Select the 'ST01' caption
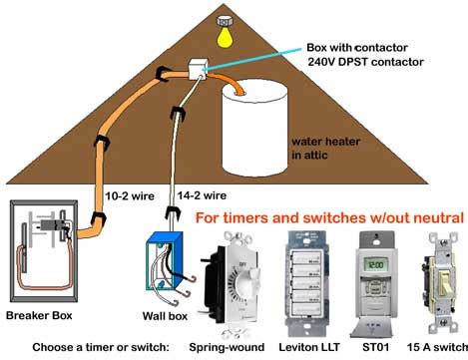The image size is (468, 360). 375,348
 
